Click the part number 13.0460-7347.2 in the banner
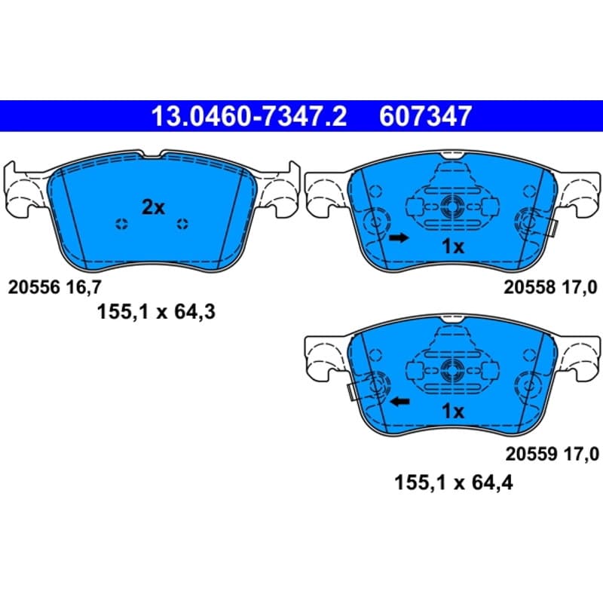tap(249, 116)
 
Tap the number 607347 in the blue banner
tap(425, 116)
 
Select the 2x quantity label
tap(154, 208)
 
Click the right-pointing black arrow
tap(399, 238)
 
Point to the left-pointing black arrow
tap(400, 402)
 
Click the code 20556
tap(34, 287)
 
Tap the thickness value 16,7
tap(83, 287)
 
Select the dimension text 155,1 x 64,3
tap(156, 311)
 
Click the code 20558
tap(529, 287)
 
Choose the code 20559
tap(531, 455)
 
